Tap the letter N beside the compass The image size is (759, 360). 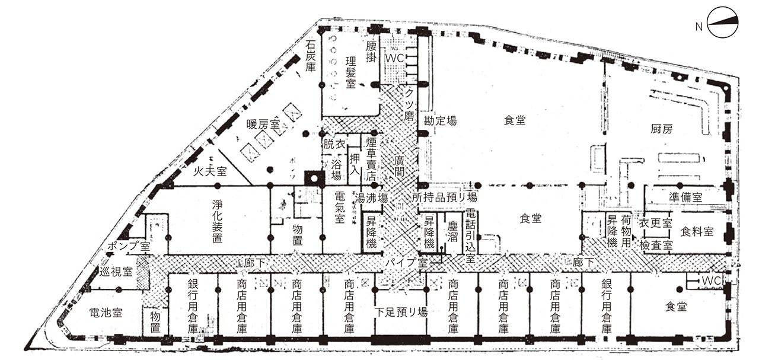tap(699, 27)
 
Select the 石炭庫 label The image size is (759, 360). tap(310, 56)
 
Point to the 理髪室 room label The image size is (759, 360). tap(350, 72)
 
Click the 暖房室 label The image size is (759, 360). tap(263, 125)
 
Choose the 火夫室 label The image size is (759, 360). tap(210, 171)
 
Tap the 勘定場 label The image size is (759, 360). tap(440, 120)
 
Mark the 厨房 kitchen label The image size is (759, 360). tap(661, 129)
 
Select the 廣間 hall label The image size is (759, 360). tap(399, 166)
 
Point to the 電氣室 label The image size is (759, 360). tap(340, 208)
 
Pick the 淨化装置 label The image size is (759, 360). tap(217, 221)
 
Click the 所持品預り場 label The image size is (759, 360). tap(444, 197)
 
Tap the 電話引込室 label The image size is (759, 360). tap(470, 235)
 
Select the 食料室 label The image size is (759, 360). tap(697, 232)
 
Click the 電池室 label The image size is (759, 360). tap(106, 313)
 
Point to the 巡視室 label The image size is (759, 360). tap(116, 272)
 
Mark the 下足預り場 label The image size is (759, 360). tap(401, 312)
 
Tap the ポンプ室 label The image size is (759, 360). tap(129, 246)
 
